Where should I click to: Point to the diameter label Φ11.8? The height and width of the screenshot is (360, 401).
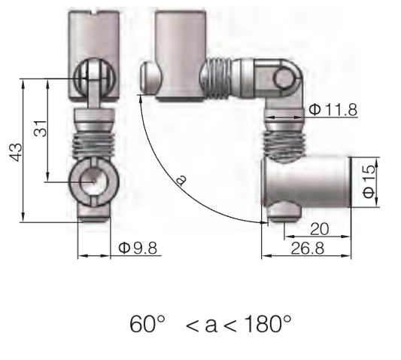tap(331, 111)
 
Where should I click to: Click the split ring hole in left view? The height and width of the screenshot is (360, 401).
tap(91, 182)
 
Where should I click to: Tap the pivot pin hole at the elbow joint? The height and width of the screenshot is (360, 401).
tap(284, 78)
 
